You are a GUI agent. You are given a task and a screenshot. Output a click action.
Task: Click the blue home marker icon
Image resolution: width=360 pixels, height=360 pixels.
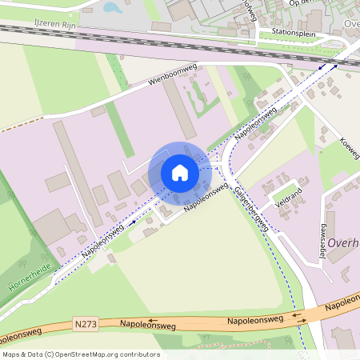point(179,173)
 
